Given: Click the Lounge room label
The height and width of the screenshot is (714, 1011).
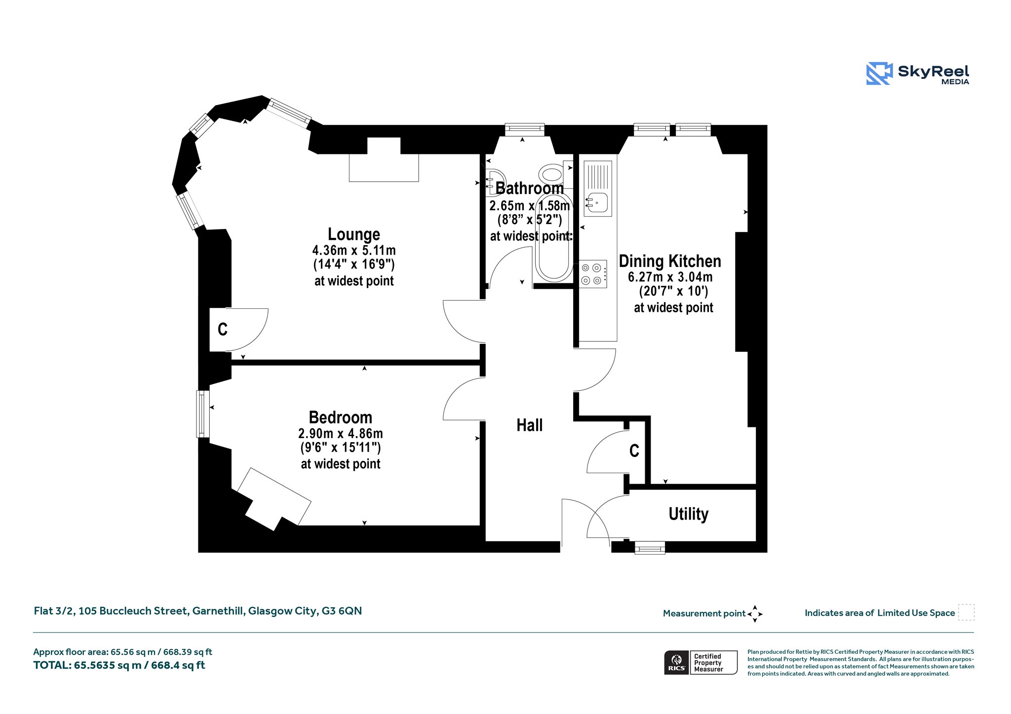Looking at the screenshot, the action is [354, 234].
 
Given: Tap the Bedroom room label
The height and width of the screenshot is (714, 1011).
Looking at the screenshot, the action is [340, 417].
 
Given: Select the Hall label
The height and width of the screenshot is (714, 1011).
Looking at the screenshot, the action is [529, 425].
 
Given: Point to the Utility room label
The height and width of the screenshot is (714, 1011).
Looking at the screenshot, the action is [688, 514].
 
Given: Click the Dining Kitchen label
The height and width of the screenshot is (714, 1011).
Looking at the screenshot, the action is [670, 261].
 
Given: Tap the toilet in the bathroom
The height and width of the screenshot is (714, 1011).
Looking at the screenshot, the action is [553, 174].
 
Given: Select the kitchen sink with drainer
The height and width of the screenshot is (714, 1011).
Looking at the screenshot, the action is [598, 188].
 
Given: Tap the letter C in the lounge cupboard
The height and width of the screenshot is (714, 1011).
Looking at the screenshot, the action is [223, 329].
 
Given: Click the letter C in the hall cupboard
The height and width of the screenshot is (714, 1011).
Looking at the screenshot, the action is [634, 451].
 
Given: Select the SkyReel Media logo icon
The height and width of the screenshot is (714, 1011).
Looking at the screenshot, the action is [879, 74].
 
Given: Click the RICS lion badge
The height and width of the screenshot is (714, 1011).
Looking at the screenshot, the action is [676, 662].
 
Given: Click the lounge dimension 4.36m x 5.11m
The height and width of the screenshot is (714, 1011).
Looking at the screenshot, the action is [354, 250].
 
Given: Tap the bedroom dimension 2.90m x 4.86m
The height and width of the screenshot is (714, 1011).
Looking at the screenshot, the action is [340, 433].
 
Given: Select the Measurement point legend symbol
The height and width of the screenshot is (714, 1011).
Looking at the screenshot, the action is [755, 614].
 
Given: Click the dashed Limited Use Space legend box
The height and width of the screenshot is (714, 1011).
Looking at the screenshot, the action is [966, 612].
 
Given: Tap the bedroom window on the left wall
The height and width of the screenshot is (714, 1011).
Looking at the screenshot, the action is [202, 414].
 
